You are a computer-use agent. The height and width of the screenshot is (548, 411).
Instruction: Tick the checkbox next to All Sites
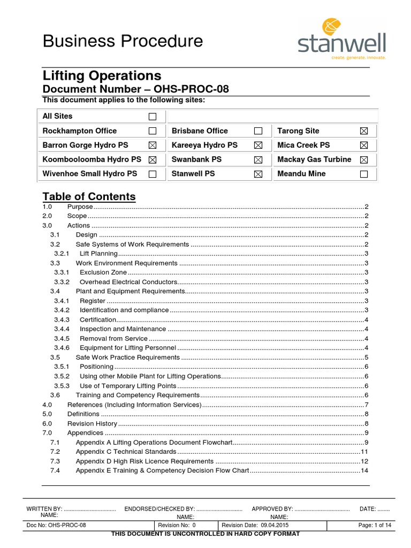(153, 117)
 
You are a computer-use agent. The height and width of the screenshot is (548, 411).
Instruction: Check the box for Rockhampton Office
(153, 131)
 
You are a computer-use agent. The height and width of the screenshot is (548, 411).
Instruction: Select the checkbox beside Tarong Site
(364, 131)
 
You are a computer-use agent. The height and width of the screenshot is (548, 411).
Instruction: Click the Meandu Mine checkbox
(364, 174)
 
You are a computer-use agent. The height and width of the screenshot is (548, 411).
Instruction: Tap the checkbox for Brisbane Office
(258, 131)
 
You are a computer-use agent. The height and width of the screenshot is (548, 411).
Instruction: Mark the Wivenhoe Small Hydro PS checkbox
(153, 174)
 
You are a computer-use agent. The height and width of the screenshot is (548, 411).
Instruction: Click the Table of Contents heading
(89, 196)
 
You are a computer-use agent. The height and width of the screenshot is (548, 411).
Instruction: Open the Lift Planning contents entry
(98, 254)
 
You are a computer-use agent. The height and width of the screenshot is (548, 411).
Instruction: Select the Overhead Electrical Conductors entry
(128, 282)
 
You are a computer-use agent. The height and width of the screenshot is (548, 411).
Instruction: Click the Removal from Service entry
(113, 339)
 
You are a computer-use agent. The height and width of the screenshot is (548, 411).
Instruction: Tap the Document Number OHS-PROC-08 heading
(135, 89)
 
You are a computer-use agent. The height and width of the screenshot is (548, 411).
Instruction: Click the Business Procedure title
(123, 41)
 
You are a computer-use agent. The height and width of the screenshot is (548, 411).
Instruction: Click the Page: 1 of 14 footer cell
(375, 526)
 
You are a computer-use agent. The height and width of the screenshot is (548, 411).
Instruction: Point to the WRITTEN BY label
(44, 508)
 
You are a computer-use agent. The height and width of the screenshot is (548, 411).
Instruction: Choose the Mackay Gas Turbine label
(314, 159)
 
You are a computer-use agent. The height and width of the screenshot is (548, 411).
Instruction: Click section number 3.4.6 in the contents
(62, 348)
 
